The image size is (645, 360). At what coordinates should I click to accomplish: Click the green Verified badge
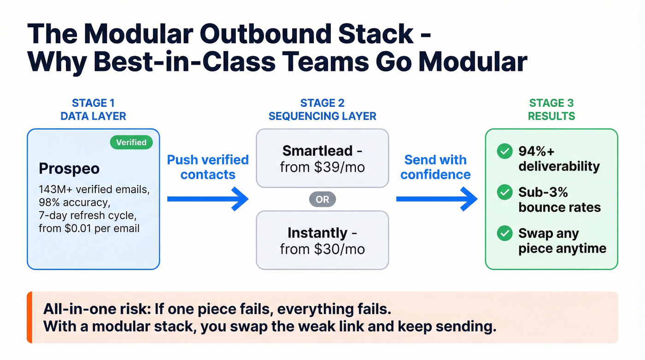131,142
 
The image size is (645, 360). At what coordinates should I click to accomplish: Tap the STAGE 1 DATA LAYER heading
93,109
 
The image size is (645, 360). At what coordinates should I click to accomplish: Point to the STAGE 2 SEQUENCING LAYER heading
322,109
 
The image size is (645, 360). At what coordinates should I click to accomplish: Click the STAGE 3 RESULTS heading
551,109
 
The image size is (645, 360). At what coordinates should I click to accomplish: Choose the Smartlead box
322,158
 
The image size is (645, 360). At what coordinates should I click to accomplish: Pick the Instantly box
322,240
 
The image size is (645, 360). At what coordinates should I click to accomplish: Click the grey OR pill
322,199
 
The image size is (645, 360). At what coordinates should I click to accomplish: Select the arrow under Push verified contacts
207,199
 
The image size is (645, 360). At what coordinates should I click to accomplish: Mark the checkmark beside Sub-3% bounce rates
504,193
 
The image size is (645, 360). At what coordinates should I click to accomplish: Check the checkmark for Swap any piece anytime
504,234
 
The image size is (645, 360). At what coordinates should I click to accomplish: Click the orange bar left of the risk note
29,317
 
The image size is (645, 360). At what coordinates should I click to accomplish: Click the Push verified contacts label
207,167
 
